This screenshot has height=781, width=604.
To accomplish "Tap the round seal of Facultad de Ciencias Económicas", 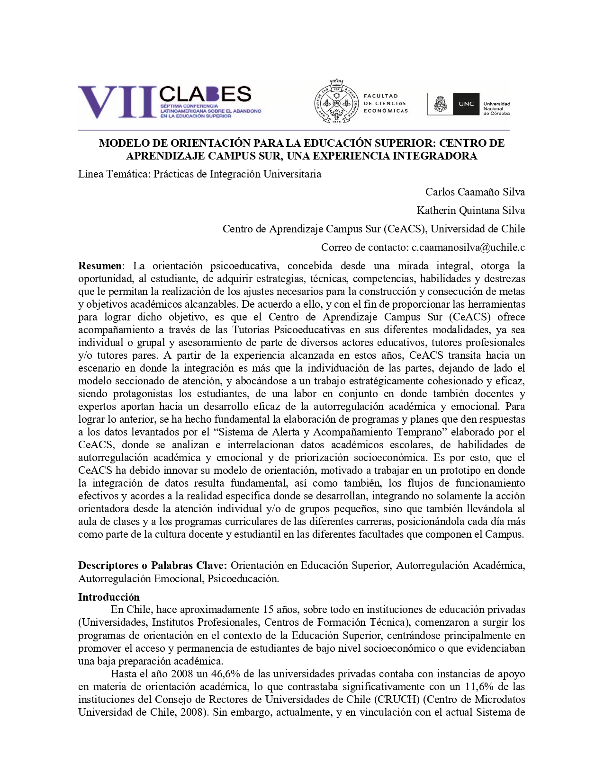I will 336,104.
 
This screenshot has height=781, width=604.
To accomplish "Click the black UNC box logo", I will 466,104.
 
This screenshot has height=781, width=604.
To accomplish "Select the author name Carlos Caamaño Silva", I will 475,192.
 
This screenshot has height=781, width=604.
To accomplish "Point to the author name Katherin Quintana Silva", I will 470,210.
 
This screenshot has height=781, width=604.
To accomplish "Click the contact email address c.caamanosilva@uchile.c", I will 468,247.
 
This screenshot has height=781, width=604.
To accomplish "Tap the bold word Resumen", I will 99,266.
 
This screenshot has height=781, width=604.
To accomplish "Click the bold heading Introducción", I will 109,597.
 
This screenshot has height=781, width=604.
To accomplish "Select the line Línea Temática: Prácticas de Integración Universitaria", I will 199,174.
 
